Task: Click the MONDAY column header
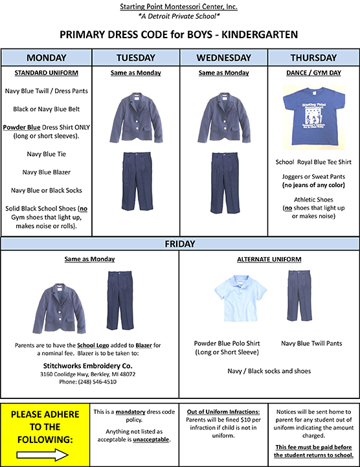point(46,58)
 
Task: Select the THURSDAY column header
point(313,58)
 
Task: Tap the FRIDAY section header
point(180,245)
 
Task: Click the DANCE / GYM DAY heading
point(313,74)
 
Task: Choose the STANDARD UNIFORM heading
point(46,73)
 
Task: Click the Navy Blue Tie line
point(46,154)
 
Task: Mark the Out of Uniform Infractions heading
point(223,412)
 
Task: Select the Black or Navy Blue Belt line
point(46,109)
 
